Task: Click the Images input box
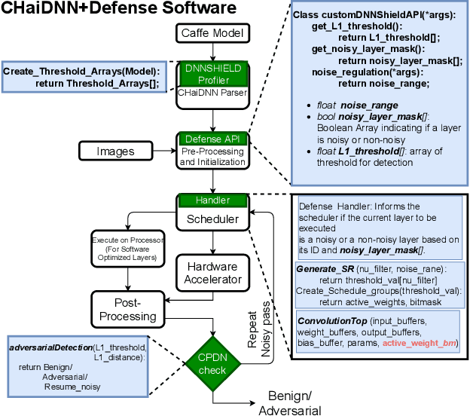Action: pos(115,151)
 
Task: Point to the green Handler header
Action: pos(212,200)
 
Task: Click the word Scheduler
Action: pos(212,219)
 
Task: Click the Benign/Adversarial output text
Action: pos(289,403)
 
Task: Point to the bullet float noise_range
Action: pos(351,106)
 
